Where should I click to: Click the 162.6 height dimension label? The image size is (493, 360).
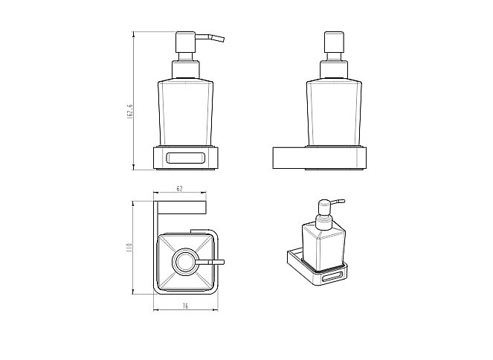coord(130,112)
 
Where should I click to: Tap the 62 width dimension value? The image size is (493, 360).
coord(179,189)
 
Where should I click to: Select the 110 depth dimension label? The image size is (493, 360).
coord(129,248)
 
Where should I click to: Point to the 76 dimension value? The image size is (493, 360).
coord(185,306)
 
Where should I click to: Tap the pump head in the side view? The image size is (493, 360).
coord(334,42)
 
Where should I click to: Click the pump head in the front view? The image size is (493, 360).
coord(186,42)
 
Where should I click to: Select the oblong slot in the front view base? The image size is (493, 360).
coord(185,158)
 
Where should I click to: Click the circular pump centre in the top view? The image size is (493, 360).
coord(184,262)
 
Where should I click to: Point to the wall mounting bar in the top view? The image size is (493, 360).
coord(181,207)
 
